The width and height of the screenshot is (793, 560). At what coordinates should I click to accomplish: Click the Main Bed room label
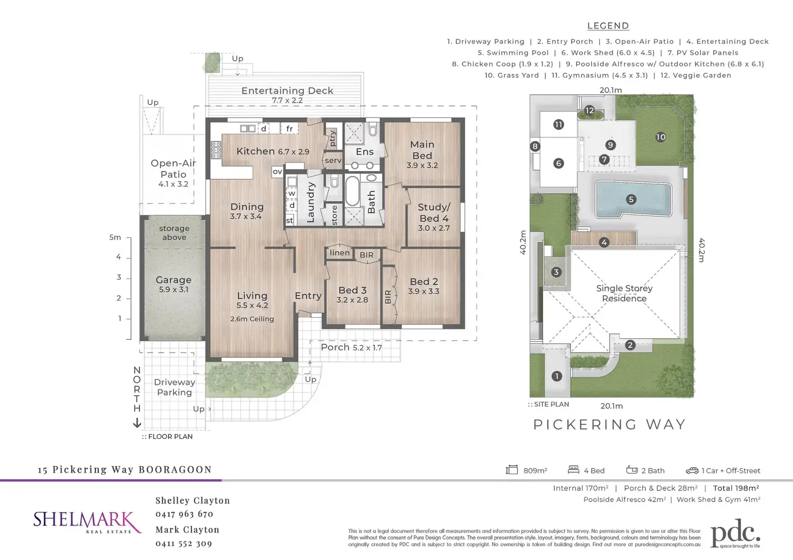coord(422,150)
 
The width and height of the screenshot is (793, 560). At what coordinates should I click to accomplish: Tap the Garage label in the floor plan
coord(173,280)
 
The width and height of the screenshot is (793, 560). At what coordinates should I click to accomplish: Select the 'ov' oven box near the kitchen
coord(277,172)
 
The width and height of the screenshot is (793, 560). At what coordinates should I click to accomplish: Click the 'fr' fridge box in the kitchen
coord(289,129)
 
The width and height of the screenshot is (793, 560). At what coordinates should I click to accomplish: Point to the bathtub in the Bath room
coord(352,191)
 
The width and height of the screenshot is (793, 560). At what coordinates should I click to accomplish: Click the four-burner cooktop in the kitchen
coord(216,150)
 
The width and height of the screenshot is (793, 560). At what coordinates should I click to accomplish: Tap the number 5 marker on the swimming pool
coord(631,200)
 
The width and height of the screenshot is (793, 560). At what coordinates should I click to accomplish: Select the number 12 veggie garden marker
coord(589,110)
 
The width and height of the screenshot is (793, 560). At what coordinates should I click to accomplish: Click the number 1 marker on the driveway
coord(557,376)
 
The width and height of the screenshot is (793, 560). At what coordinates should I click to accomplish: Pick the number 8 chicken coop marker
coord(535,146)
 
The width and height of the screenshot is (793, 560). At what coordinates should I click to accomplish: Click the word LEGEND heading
coord(608,26)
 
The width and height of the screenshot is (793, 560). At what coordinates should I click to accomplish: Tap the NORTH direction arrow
coord(137,423)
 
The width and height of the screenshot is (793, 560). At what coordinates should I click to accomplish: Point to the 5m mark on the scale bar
coord(115,237)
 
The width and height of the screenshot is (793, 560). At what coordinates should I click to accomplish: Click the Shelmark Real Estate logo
coord(87,522)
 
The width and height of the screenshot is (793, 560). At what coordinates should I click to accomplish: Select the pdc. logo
coord(735,533)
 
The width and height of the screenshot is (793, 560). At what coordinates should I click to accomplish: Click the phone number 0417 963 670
coord(184,514)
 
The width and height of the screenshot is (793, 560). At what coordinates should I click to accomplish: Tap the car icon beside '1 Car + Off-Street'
coord(692,471)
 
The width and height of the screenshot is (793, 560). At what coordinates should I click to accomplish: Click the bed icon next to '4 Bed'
coord(574,470)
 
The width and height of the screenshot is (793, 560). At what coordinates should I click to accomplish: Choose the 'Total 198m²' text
coord(736,488)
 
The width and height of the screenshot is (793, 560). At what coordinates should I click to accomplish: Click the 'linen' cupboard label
coord(339,253)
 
